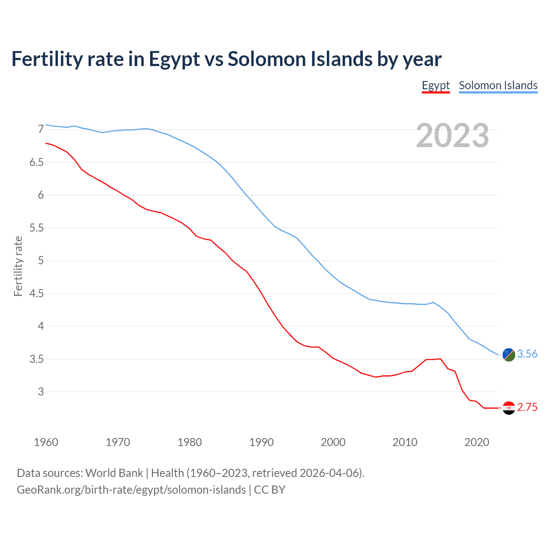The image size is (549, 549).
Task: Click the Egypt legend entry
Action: pos(435,85)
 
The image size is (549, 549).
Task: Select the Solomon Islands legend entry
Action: pos(498,85)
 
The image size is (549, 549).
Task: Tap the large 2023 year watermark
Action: pos(452,136)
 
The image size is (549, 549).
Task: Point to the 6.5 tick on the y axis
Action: pos(36,162)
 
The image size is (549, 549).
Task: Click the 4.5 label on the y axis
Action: pos(36,293)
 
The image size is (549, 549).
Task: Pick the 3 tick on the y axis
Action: pos(41,392)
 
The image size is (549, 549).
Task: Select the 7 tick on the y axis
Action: pos(41,130)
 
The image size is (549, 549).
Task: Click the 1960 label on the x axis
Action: pos(46,442)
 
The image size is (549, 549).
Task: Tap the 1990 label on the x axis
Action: pos(261,442)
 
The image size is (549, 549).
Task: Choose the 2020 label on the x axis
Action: pos(477,442)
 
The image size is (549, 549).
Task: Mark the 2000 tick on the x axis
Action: pos(333,442)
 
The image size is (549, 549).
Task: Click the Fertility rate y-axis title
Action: pos(18,266)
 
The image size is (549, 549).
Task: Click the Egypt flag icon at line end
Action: pos(509,408)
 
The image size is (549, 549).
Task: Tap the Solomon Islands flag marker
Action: pos(509,355)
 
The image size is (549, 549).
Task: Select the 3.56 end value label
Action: pos(527,354)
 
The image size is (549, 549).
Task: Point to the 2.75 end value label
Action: pos(527,407)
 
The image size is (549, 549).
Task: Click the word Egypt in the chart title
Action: pos(174,59)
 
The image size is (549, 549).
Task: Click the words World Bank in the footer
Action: pos(114,473)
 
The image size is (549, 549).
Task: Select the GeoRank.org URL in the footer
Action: pos(131,490)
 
